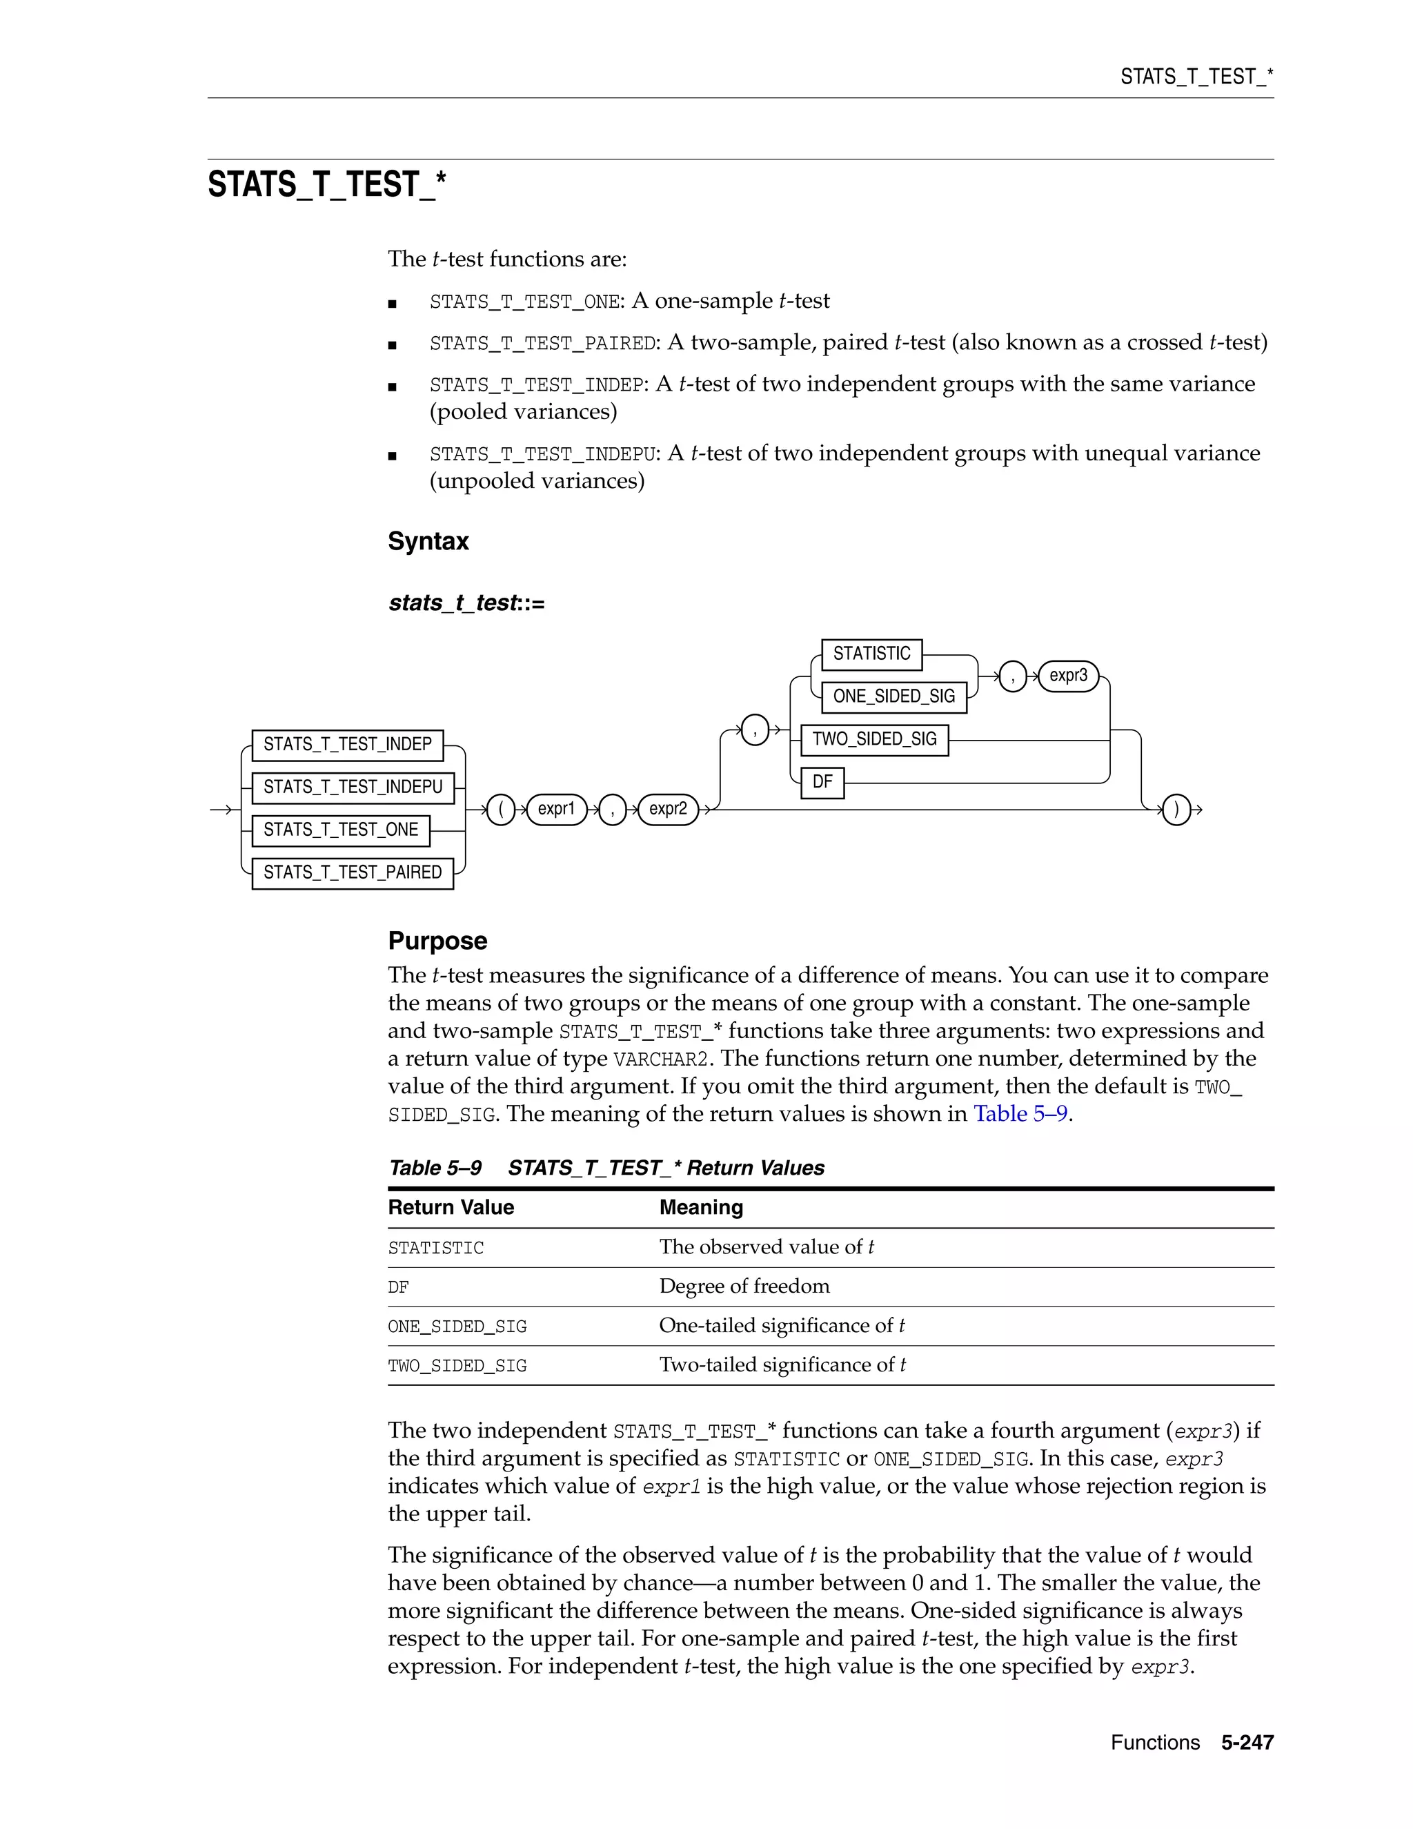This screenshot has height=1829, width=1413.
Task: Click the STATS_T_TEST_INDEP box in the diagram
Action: pyautogui.click(x=348, y=745)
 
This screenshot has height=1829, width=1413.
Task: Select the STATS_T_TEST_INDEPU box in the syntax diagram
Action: pyautogui.click(x=353, y=788)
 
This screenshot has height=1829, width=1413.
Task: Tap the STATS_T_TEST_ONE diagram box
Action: pyautogui.click(x=341, y=830)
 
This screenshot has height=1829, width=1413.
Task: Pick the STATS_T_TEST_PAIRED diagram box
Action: pyautogui.click(x=353, y=872)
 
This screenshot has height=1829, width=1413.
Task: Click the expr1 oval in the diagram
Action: pyautogui.click(x=557, y=809)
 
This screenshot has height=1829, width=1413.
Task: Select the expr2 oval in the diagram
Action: pyautogui.click(x=668, y=809)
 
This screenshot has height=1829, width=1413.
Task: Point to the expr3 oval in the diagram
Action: pyautogui.click(x=1068, y=676)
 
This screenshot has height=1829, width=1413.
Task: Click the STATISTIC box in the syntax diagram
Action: pyautogui.click(x=871, y=654)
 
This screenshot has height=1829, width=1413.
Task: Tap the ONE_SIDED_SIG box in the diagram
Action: pyautogui.click(x=894, y=697)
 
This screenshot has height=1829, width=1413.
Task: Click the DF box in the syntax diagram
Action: pyautogui.click(x=822, y=782)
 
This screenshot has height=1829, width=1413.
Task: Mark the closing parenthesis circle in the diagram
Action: pyautogui.click(x=1176, y=810)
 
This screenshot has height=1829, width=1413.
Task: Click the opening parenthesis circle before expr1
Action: pyautogui.click(x=501, y=810)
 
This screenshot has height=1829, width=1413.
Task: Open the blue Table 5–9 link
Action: pyautogui.click(x=1020, y=1114)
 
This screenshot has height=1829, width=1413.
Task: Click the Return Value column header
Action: pyautogui.click(x=451, y=1208)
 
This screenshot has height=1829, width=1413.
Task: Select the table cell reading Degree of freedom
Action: pyautogui.click(x=744, y=1287)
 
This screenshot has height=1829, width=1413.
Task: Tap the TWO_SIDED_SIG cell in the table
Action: pyautogui.click(x=457, y=1366)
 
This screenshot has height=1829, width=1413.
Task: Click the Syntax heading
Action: pyautogui.click(x=428, y=541)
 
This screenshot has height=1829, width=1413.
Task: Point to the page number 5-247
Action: pyautogui.click(x=1247, y=1743)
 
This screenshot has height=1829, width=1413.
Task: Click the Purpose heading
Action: pyautogui.click(x=437, y=941)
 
